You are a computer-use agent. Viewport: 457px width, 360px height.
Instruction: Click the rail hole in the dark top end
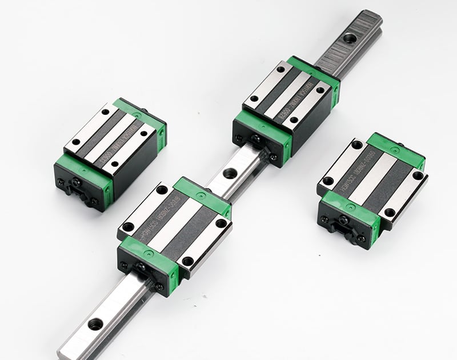pos(347,39)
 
